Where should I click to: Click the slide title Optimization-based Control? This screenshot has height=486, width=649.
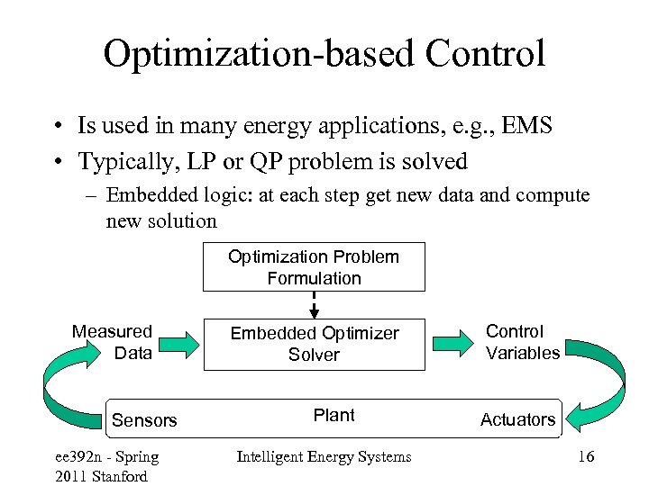click(324, 54)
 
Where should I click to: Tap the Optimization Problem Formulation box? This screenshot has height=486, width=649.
click(314, 267)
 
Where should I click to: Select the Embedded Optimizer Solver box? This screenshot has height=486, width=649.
click(314, 344)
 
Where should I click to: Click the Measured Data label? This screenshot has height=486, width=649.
click(113, 342)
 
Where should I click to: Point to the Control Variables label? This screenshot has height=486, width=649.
click(522, 342)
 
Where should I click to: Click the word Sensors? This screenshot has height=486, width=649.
click(144, 420)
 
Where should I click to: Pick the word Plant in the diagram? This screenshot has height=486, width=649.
click(334, 415)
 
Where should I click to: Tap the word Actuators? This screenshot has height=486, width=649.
click(517, 419)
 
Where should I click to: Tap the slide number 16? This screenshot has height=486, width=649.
click(585, 457)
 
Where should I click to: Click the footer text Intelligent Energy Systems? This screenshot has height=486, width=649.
click(324, 457)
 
